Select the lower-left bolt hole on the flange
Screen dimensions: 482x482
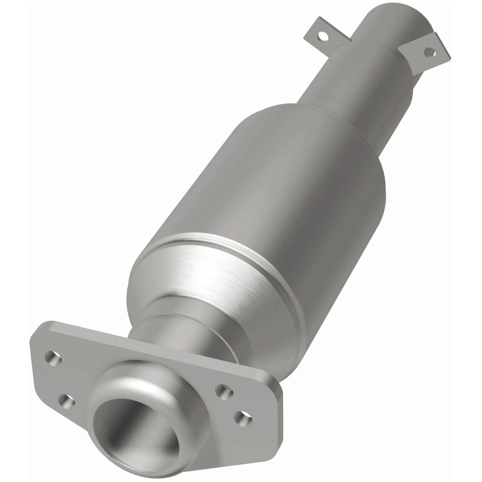[x=67, y=400]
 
